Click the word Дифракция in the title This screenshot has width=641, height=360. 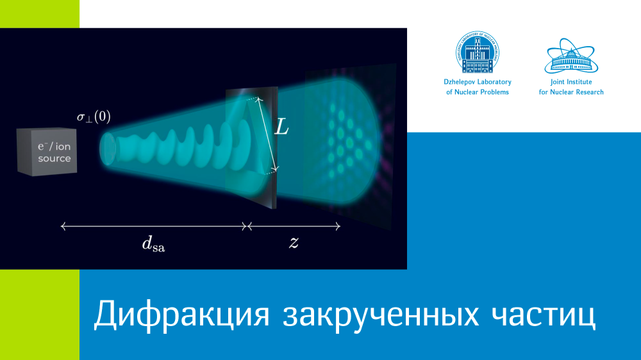[182, 315]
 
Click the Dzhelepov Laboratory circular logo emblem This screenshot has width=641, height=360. [478, 52]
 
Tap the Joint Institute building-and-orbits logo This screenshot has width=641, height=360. [571, 56]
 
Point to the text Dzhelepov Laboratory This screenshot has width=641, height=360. [478, 82]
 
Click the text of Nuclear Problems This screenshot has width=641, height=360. [478, 92]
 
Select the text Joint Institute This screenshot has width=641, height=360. [571, 82]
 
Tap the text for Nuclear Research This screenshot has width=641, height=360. [571, 92]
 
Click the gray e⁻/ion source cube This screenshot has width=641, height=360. [47, 152]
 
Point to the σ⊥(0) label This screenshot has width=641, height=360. [94, 117]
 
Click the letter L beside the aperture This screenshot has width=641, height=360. [281, 127]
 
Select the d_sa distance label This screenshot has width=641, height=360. [153, 243]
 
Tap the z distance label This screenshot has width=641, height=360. [294, 242]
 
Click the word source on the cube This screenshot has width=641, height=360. [54, 158]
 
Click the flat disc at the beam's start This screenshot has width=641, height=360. [108, 149]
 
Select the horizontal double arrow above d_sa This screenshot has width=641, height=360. [154, 226]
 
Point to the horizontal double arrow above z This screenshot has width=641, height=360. [294, 226]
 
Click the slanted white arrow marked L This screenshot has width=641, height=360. [267, 135]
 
